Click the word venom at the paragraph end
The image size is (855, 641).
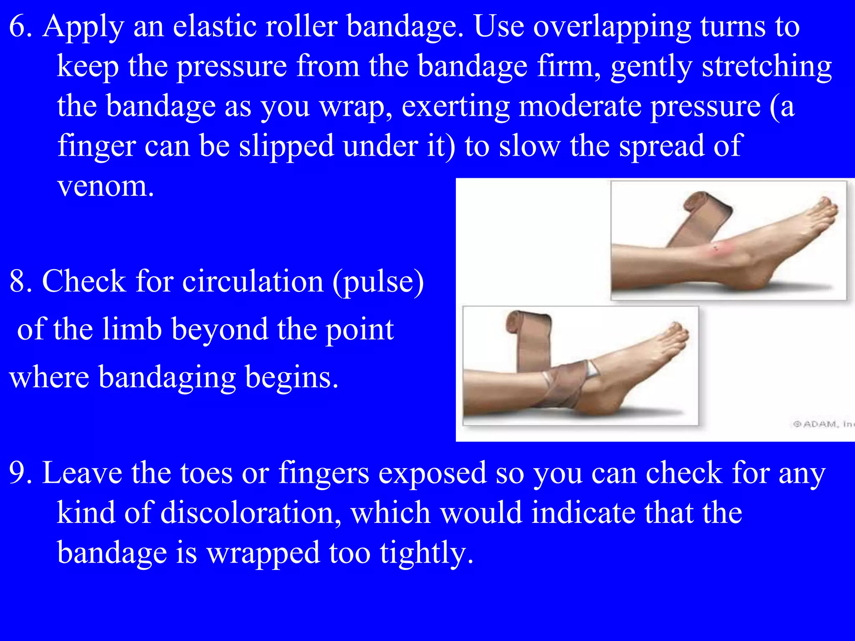(106, 187)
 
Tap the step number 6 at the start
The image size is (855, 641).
(20, 26)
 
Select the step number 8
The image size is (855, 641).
(20, 281)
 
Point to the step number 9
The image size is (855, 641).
(20, 473)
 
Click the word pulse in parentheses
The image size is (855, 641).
(378, 282)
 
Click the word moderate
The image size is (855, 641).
(580, 106)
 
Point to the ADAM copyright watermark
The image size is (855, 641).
(822, 424)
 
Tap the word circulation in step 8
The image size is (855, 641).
(253, 281)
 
